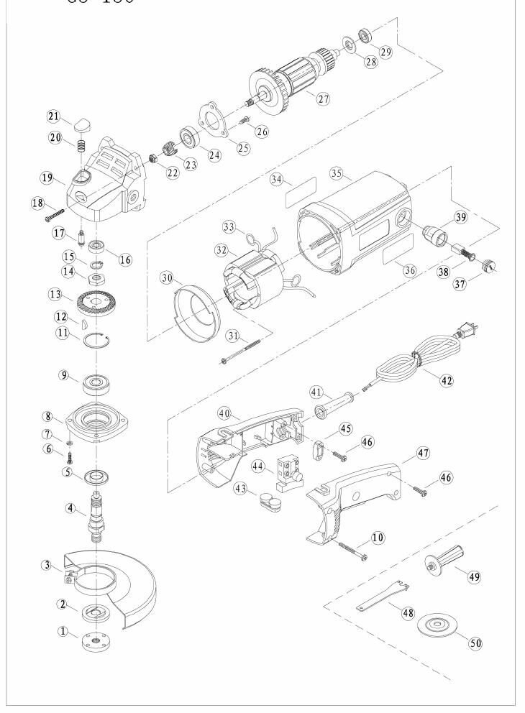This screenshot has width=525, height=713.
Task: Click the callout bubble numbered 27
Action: (323, 99)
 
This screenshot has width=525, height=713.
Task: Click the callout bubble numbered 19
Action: (47, 177)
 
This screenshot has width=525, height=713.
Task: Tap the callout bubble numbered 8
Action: (47, 416)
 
